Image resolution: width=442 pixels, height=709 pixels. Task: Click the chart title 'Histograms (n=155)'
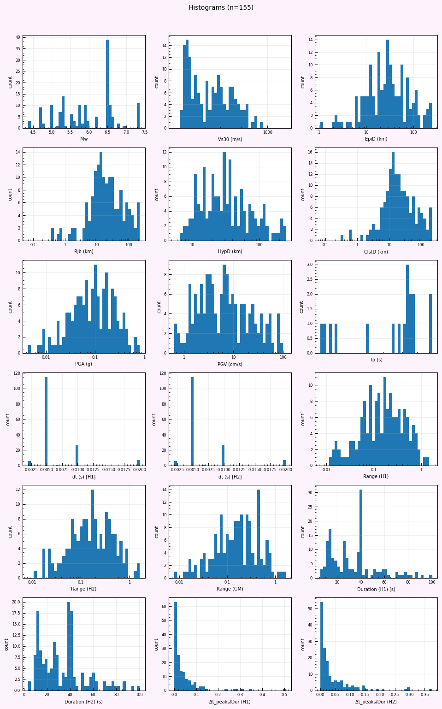pos(221,8)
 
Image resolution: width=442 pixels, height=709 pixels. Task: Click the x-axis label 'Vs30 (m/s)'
pos(230,139)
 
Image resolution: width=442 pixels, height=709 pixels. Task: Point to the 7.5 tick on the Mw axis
pos(145,132)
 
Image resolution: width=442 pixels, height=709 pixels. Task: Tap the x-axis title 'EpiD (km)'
pos(376,139)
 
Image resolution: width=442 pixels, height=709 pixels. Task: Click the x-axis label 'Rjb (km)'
pos(84,252)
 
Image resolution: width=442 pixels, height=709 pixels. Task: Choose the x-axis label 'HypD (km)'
pos(230,252)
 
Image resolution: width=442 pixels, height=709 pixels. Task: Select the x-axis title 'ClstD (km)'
pos(376,252)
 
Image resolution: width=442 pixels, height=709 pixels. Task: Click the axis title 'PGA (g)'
pos(84,364)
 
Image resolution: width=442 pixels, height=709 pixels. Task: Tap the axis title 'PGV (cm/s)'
pos(230,364)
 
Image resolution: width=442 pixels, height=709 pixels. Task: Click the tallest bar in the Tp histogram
pos(407,309)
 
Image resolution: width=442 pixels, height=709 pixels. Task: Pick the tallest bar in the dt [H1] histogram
pos(46,421)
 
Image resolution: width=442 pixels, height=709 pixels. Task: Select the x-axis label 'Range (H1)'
pos(376,477)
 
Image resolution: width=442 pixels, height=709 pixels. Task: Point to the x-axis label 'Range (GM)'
pos(230,589)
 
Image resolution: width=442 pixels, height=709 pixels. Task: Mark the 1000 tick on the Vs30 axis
pos(268,132)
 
